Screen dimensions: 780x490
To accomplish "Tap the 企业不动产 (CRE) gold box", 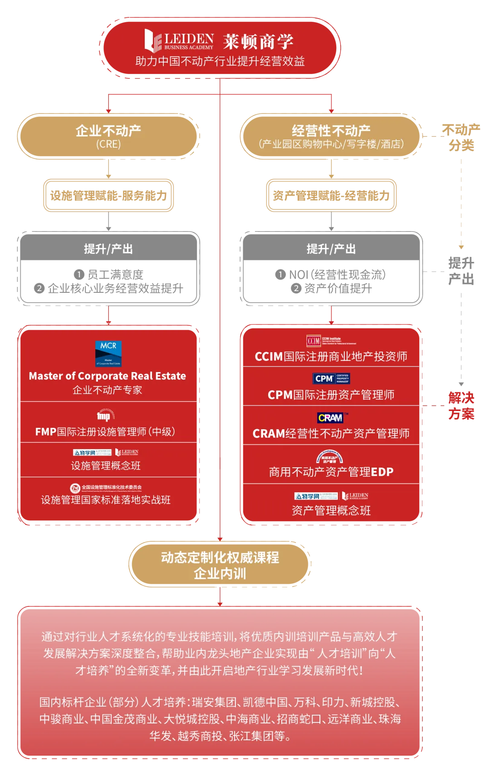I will (108, 136).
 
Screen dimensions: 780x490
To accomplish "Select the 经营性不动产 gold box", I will (331, 136).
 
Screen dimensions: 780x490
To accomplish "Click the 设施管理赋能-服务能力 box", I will (108, 195).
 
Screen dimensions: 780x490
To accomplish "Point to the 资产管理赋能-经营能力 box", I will (331, 195).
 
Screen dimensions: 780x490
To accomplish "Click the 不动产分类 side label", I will (461, 137).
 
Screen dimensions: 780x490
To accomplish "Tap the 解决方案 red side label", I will (461, 406).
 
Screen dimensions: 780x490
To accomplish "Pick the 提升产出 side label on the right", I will (461, 271).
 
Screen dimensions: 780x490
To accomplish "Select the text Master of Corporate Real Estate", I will (108, 376).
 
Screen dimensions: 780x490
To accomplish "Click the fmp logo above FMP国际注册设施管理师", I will (104, 416).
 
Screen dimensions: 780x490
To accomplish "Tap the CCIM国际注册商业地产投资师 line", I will (331, 357).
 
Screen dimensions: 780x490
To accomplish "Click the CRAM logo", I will (331, 417).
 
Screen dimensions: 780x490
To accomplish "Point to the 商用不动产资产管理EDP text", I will (331, 472).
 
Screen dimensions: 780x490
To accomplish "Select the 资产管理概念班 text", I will (331, 511).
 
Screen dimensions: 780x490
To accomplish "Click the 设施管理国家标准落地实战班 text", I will (106, 500).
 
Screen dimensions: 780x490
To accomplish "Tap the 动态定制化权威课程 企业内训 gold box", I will (220, 565).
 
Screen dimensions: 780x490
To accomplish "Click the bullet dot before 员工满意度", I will (79, 274).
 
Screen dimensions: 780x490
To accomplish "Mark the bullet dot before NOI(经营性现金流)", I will (280, 274).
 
